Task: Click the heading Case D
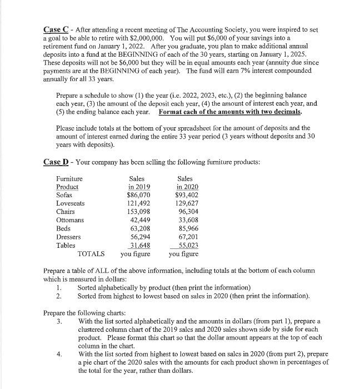[x=56, y=162]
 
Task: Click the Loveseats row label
[x=72, y=203]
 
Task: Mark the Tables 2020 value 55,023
[x=188, y=245]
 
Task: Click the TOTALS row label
[x=92, y=254]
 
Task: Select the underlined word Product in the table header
[x=67, y=187]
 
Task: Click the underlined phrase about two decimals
[x=230, y=112]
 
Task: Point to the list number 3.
[x=59, y=321]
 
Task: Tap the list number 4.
[x=59, y=353]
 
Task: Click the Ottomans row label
[x=71, y=220]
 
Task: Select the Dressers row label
[x=69, y=237]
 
